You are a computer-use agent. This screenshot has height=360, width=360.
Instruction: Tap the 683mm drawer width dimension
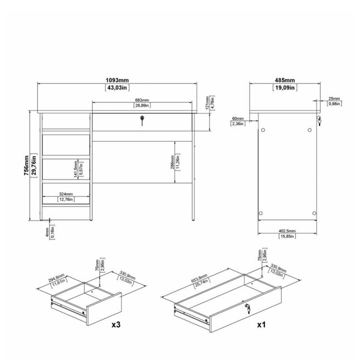[142, 100]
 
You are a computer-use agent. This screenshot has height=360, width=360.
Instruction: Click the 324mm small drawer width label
[66, 194]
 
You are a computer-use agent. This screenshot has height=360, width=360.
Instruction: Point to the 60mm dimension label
[238, 118]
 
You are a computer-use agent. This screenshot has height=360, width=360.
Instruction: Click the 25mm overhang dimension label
[334, 98]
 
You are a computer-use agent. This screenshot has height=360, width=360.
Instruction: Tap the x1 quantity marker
[260, 324]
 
